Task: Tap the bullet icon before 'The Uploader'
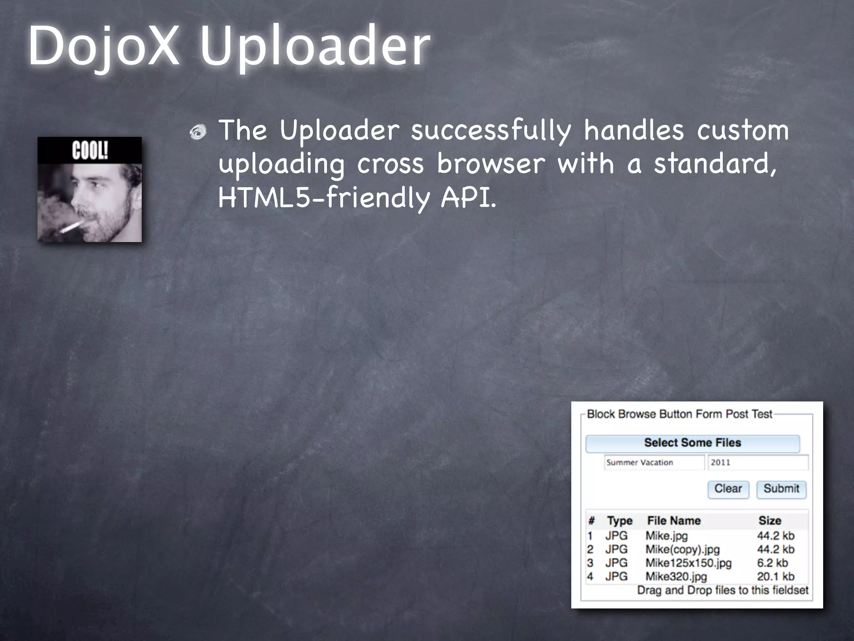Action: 198,132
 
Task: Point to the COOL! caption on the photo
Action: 90,150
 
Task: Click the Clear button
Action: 728,489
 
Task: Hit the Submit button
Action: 781,489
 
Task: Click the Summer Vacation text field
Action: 654,462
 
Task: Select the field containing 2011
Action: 758,462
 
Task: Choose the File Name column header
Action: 673,521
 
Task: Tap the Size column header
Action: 770,521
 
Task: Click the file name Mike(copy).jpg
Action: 683,550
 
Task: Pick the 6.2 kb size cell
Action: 772,563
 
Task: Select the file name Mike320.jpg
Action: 676,577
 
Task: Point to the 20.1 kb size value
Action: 776,577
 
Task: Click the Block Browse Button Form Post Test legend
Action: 679,414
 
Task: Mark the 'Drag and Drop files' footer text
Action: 722,591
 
